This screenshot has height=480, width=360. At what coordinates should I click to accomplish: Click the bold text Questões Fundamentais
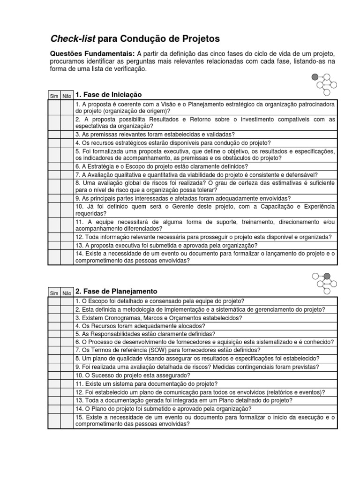tap(92, 53)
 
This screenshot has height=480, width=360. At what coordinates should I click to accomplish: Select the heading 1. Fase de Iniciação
tap(108, 95)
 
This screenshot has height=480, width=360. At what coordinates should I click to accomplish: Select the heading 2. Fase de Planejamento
tap(116, 292)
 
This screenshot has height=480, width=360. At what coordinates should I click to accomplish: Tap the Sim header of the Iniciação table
tap(54, 96)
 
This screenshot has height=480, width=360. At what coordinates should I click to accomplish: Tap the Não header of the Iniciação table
tap(67, 96)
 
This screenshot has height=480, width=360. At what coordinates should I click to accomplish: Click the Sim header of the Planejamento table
tap(54, 293)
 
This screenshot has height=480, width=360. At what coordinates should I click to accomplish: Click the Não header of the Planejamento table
tap(67, 293)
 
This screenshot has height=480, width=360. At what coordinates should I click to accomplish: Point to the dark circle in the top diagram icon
tap(315, 77)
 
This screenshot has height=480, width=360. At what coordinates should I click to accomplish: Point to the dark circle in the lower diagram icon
tap(327, 276)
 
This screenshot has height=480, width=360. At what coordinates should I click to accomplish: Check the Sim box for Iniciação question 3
tap(54, 135)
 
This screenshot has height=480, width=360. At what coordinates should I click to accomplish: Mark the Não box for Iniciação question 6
tap(67, 166)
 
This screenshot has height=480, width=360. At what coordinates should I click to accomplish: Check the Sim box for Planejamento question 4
tap(54, 326)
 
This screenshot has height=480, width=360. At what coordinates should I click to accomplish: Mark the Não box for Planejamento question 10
tap(67, 375)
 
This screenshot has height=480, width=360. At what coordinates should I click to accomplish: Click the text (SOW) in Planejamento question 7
tap(139, 350)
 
